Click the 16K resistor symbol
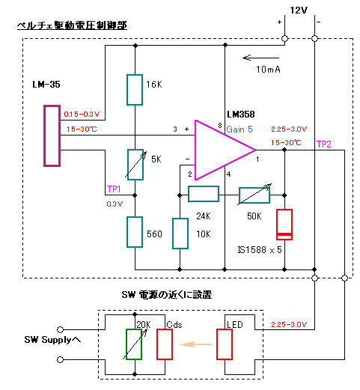pyautogui.click(x=135, y=90)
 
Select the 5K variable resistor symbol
pyautogui.click(x=135, y=165)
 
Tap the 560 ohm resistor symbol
pyautogui.click(x=135, y=232)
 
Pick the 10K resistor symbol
pyautogui.click(x=180, y=234)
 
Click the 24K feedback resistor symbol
pyautogui.click(x=204, y=194)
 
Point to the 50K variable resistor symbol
pyautogui.click(x=254, y=195)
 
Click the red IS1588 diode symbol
pyautogui.click(x=284, y=225)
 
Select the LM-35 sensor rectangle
pyautogui.click(x=52, y=135)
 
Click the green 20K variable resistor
pyautogui.click(x=134, y=344)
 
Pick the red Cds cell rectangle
pyautogui.click(x=165, y=344)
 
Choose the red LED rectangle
pyautogui.click(x=225, y=344)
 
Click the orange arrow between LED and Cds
pyautogui.click(x=195, y=344)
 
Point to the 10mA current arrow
pyautogui.click(x=261, y=58)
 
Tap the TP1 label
pyautogui.click(x=114, y=189)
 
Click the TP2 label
pyautogui.click(x=324, y=144)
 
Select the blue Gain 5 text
pyautogui.click(x=240, y=130)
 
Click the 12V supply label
pyautogui.click(x=299, y=10)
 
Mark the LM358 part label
pyautogui.click(x=241, y=115)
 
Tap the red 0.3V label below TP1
pyautogui.click(x=115, y=204)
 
